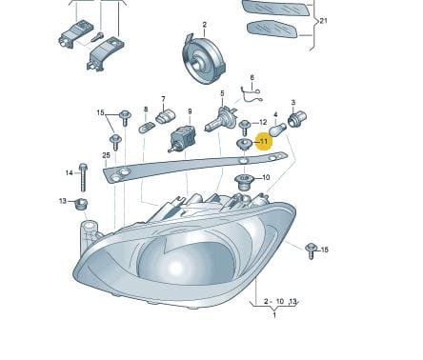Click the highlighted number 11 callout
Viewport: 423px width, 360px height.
pos(263,140)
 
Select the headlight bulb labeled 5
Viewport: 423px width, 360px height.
pos(221,120)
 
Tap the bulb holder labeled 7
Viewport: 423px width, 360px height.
pos(147,127)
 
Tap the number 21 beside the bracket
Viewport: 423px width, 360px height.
pos(323,20)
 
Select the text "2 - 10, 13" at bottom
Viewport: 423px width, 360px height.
pos(280,302)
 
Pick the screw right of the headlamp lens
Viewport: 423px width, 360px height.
pos(311,250)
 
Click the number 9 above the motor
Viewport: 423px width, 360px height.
pos(190,110)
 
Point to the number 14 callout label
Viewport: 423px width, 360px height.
pos(69,172)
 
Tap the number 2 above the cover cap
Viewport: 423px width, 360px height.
pos(204,24)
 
